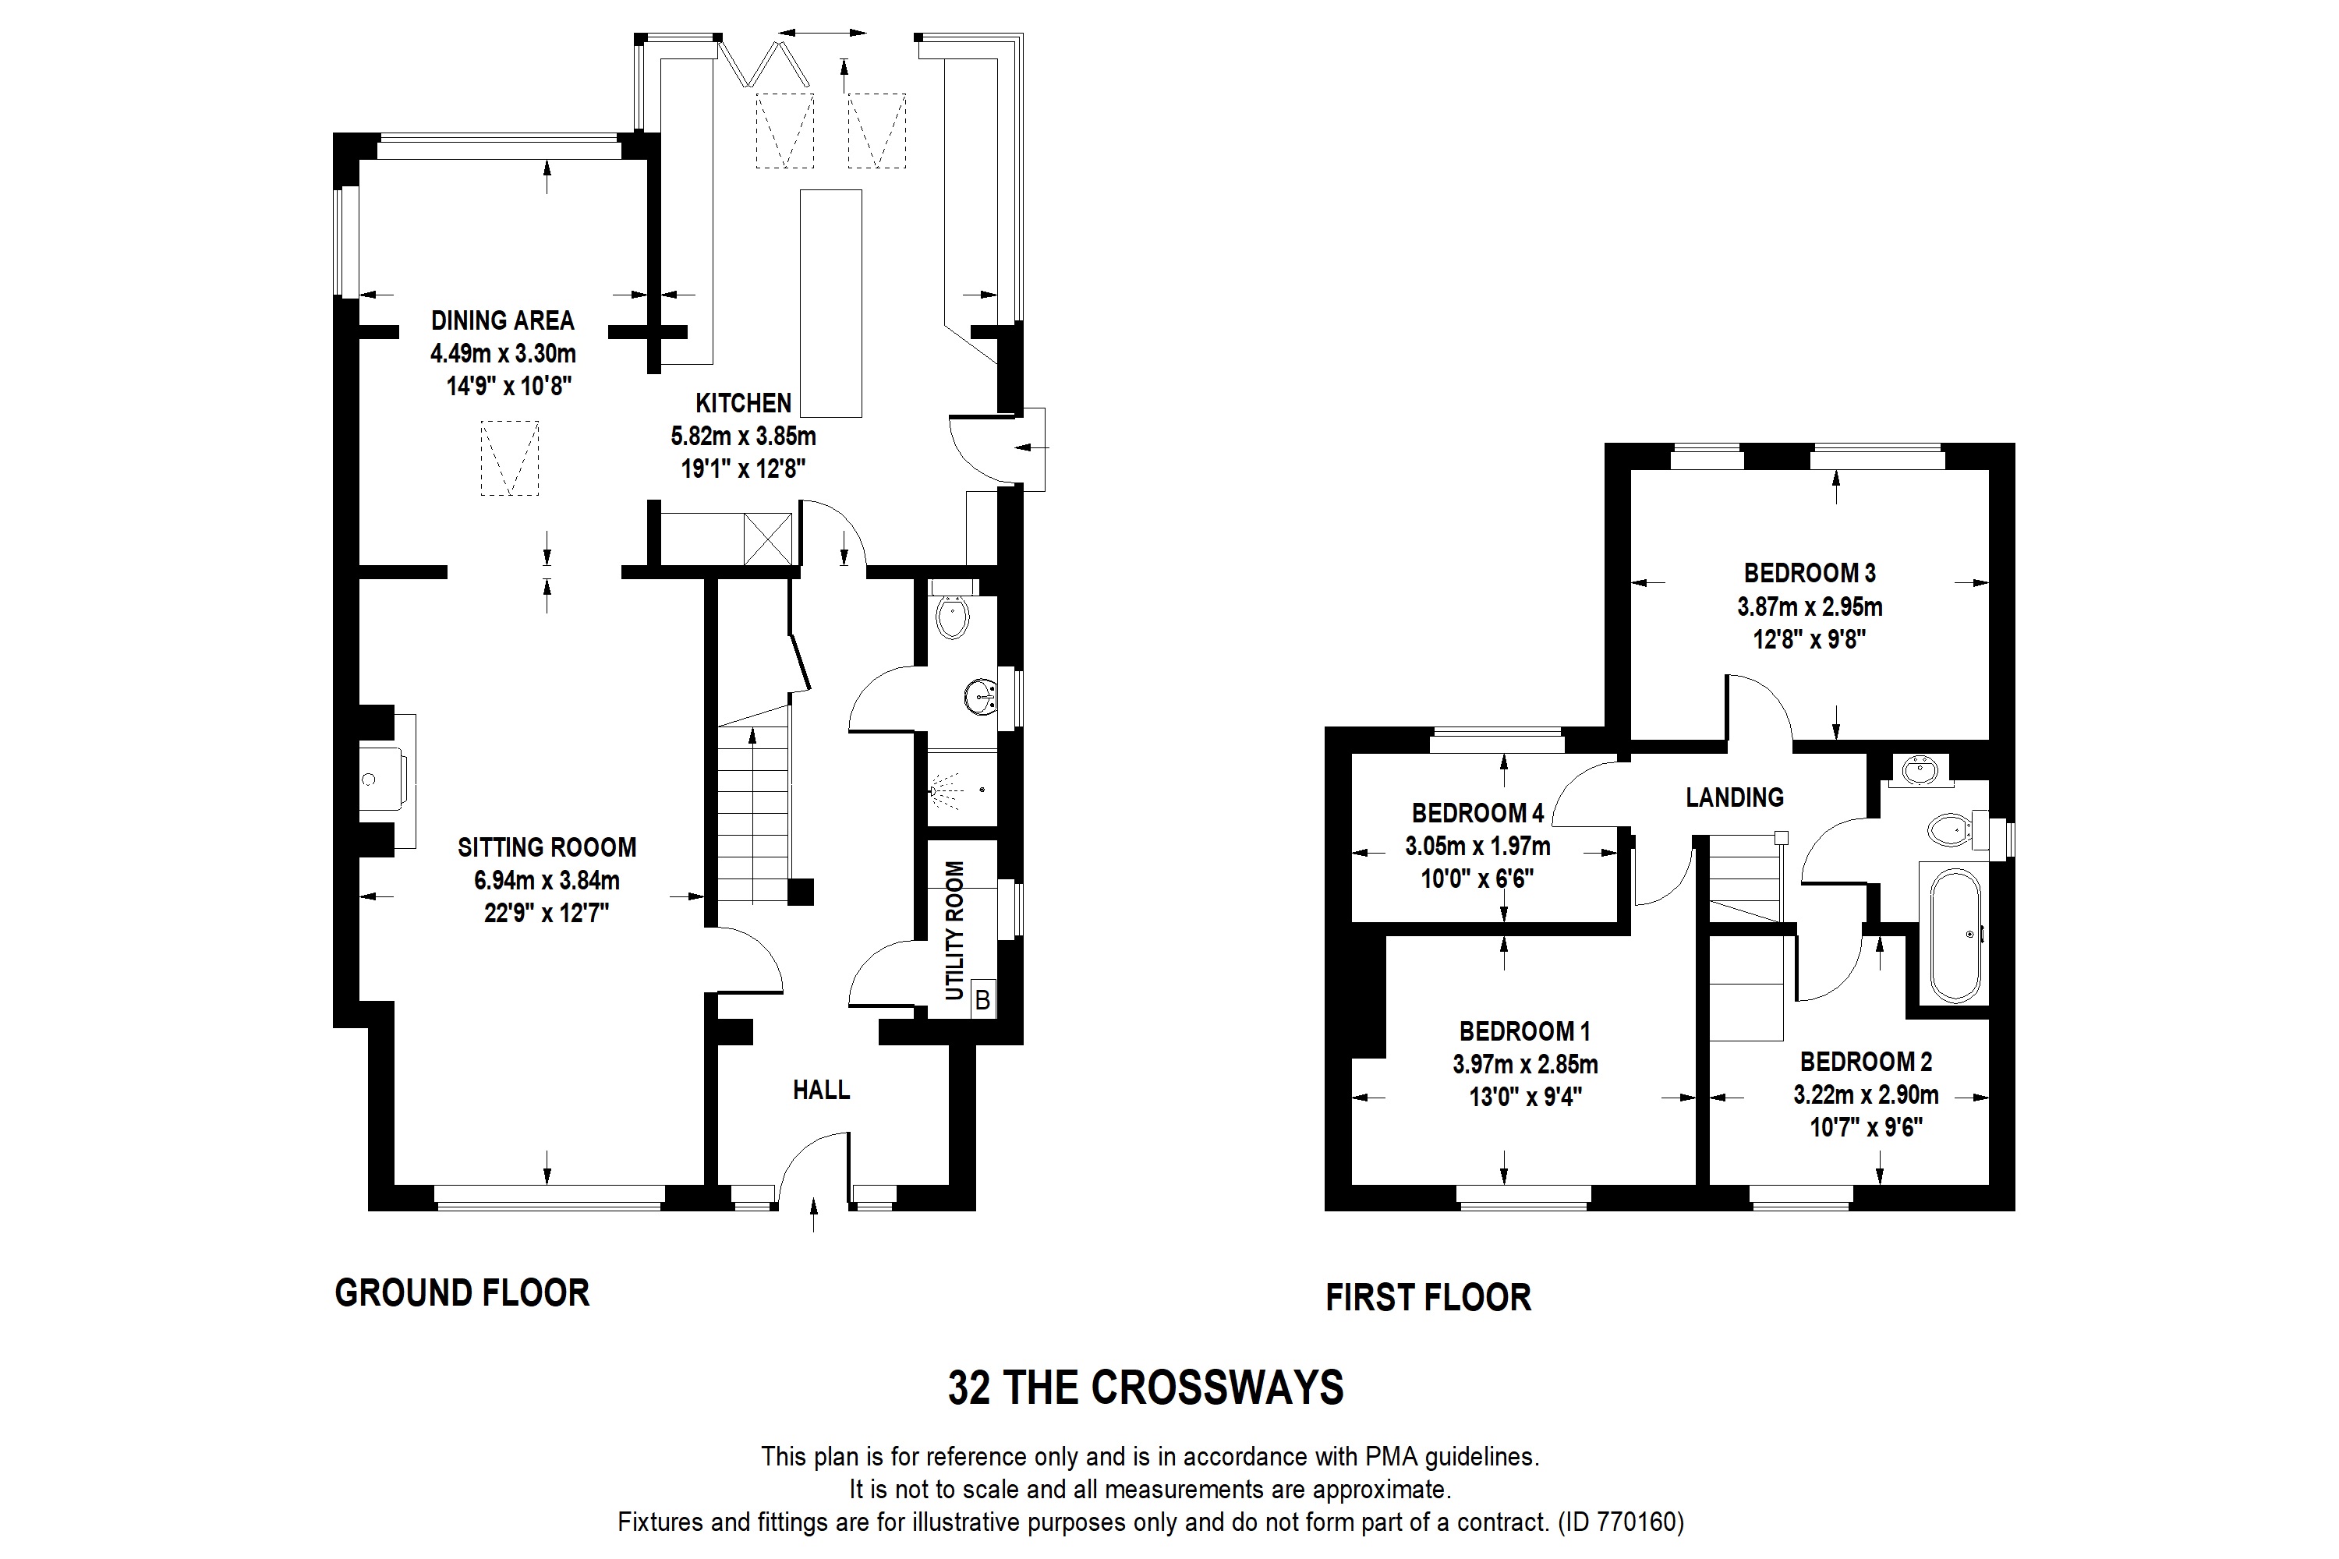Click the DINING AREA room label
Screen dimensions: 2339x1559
click(x=502, y=320)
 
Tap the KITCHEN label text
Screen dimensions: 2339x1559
click(x=743, y=403)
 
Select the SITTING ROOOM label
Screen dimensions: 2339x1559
click(x=547, y=847)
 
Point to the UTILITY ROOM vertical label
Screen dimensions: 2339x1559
click(x=954, y=930)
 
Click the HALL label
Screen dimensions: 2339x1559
click(x=822, y=1090)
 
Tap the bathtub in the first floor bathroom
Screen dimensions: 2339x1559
click(x=1955, y=935)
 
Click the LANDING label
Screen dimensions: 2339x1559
click(x=1734, y=797)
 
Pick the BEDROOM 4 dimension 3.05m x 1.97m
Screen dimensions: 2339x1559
click(x=1477, y=846)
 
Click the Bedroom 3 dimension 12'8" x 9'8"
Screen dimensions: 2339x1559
click(x=1809, y=638)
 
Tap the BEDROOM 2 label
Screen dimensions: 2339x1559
click(x=1866, y=1062)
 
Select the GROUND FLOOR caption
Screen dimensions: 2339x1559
click(x=462, y=1292)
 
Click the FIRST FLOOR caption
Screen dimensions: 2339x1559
click(x=1428, y=1298)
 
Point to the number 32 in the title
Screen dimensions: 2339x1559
click(x=970, y=1388)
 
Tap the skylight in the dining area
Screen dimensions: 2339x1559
click(x=510, y=458)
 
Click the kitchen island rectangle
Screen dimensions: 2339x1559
click(x=830, y=303)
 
